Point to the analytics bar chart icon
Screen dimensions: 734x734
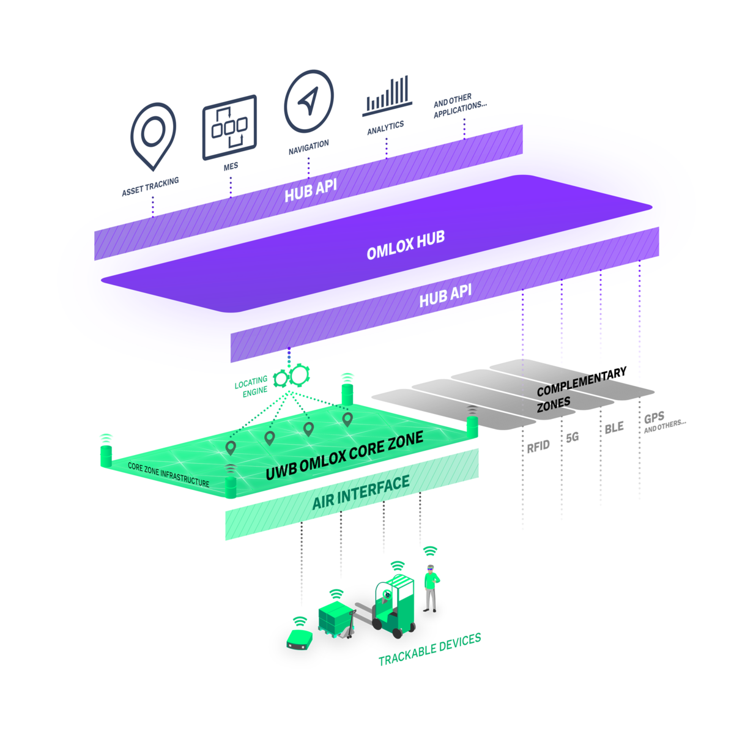point(387,95)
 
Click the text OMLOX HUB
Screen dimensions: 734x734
point(406,246)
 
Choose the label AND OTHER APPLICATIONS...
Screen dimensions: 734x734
point(460,105)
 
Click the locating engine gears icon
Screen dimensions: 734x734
point(292,376)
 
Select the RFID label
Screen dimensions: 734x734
point(538,446)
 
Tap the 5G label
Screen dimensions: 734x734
point(572,437)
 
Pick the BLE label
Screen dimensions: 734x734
point(614,428)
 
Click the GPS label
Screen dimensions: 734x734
point(654,418)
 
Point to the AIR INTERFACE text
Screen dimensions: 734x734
point(361,492)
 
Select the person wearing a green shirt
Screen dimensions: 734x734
point(431,588)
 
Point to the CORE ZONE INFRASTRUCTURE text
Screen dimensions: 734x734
point(168,475)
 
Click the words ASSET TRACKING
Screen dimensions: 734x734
point(150,187)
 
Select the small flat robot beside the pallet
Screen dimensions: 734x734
point(299,639)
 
